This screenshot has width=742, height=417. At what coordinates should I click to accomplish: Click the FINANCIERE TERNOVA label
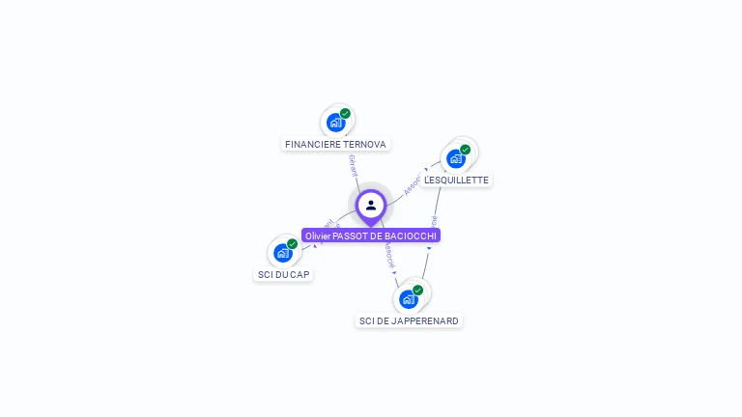click(x=335, y=145)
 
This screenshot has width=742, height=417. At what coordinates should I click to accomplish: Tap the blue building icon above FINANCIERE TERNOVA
click(x=335, y=123)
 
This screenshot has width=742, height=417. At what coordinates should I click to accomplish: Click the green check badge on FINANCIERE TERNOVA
click(x=345, y=113)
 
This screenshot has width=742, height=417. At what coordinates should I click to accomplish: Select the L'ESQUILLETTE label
click(x=456, y=181)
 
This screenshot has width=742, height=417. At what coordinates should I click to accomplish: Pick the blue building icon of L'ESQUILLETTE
click(x=456, y=158)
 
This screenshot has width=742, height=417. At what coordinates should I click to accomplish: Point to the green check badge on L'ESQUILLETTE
click(x=465, y=150)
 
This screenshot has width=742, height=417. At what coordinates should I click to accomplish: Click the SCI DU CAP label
click(x=284, y=275)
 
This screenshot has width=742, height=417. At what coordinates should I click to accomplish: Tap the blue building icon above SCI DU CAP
click(x=282, y=253)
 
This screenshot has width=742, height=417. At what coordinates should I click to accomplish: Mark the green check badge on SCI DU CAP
click(x=292, y=243)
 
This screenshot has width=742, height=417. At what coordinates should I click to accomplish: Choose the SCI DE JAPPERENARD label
click(x=409, y=321)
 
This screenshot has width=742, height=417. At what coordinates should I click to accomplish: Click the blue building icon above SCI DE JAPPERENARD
click(x=408, y=299)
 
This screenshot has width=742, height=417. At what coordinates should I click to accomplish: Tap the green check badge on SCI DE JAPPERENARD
click(x=417, y=290)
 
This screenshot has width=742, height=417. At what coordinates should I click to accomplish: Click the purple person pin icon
click(x=371, y=205)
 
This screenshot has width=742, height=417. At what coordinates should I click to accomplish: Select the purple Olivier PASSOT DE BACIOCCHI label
click(x=371, y=236)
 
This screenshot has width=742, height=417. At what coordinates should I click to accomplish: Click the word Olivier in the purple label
click(x=318, y=236)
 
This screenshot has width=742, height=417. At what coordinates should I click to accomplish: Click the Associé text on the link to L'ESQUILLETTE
click(x=414, y=183)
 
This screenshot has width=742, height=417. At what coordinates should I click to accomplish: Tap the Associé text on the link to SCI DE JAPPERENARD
click(x=389, y=256)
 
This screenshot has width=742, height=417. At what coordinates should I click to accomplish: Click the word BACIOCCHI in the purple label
click(x=412, y=236)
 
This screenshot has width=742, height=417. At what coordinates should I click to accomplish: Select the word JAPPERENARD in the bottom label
click(x=424, y=321)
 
